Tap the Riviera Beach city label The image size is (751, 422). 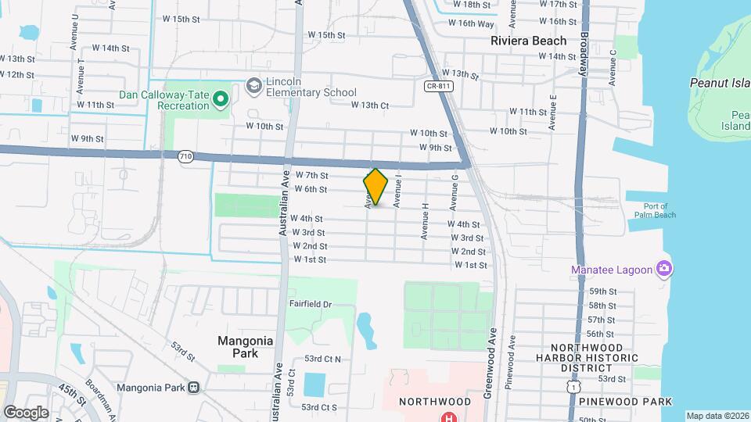click(528, 41)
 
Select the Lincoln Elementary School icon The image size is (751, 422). click(253, 84)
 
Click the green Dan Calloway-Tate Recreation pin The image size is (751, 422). click(221, 98)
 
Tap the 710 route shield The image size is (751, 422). click(185, 156)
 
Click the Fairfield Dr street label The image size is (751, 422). click(311, 304)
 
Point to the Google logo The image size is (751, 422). click(26, 411)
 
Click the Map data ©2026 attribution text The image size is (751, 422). click(717, 416)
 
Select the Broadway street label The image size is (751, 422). click(583, 52)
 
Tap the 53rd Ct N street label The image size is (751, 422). click(329, 359)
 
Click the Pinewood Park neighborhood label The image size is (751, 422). click(626, 401)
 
